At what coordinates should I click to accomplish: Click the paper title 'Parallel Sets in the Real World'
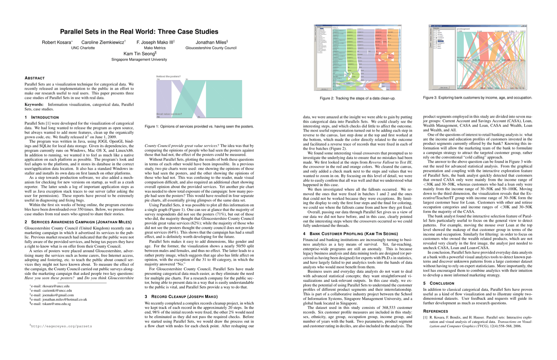pos(139,32)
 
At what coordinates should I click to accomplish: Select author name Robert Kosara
pos(56,42)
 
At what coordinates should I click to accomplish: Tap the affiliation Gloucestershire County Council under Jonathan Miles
pos(211,48)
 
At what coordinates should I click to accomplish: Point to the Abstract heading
pos(34,78)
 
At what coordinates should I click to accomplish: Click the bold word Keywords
pos(34,104)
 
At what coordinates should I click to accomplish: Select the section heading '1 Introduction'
pos(41,117)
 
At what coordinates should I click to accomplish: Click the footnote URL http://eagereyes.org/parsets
pos(61,326)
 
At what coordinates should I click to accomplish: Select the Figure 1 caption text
pos(199,126)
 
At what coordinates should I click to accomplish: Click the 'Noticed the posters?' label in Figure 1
pos(168,76)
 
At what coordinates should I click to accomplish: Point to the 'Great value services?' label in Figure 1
pos(169,114)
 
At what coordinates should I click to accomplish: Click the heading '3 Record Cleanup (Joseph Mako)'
pos(181,297)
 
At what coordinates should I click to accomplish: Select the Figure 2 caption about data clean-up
pos(358,98)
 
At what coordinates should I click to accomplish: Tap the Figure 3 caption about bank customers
pos(477,98)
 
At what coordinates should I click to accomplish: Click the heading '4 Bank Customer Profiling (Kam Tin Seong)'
pos(350,234)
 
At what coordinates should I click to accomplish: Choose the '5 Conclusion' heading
pos(439,283)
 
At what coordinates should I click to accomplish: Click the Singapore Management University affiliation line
pos(139,59)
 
